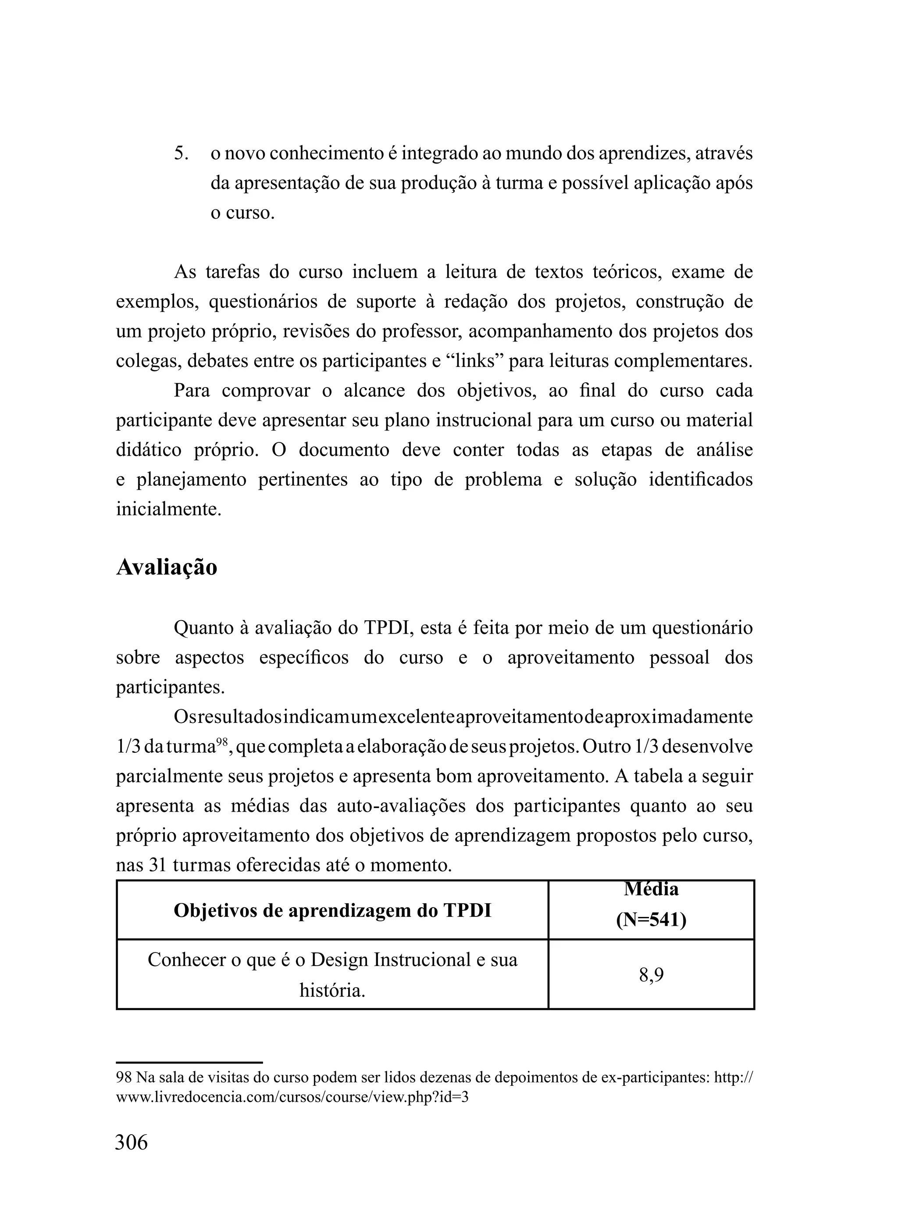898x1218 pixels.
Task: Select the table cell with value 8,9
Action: click(x=651, y=975)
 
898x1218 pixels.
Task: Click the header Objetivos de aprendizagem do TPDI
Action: click(x=332, y=911)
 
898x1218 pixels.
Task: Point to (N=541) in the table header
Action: click(x=651, y=920)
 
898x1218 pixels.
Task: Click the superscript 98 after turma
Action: click(x=222, y=741)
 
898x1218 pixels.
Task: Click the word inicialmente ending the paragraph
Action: click(x=168, y=509)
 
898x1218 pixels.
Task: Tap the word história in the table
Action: click(x=332, y=990)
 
